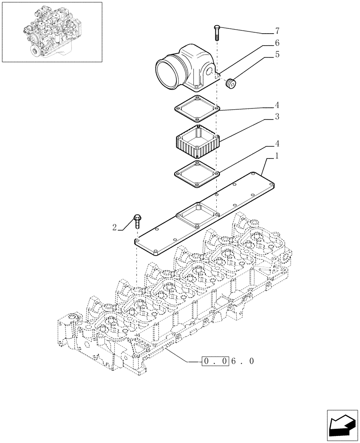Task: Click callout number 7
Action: (x=277, y=31)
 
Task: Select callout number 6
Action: (x=277, y=43)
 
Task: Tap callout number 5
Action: (x=277, y=55)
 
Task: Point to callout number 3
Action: (x=277, y=117)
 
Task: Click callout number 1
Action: (x=277, y=156)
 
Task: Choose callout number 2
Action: (x=114, y=227)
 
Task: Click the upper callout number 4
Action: (x=277, y=105)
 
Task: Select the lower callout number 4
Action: (x=277, y=144)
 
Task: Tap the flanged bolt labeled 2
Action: (x=137, y=221)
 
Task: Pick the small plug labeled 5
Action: (x=231, y=84)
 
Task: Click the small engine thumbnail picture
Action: (x=51, y=31)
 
